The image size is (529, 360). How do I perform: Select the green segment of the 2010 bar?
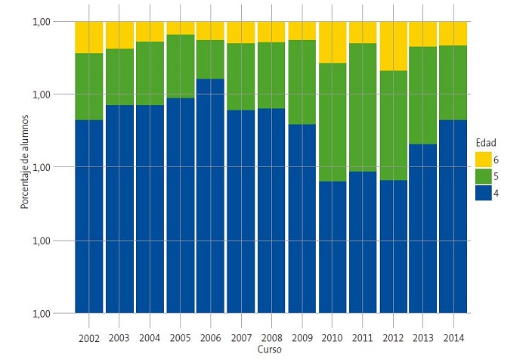click(332, 122)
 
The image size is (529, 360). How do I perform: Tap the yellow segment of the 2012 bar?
click(393, 46)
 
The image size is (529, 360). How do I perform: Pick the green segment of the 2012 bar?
click(393, 125)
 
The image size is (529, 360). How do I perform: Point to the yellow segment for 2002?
click(89, 37)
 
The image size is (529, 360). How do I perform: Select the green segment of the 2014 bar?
click(453, 82)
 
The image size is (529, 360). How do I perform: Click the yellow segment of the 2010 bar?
click(332, 42)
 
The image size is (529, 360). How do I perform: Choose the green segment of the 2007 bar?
click(240, 76)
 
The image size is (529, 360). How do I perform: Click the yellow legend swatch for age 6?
click(484, 160)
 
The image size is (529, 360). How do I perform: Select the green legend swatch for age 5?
click(484, 176)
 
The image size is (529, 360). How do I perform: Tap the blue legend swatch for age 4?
click(484, 193)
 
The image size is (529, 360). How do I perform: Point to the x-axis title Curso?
click(270, 349)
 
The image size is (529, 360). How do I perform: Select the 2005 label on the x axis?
click(180, 337)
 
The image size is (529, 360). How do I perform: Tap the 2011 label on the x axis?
click(362, 337)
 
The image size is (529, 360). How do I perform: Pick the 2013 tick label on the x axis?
click(422, 337)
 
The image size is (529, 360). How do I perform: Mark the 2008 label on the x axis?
click(271, 337)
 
